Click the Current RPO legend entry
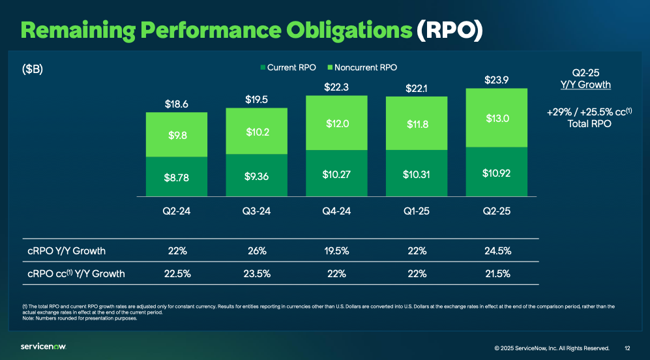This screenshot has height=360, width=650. click(288, 68)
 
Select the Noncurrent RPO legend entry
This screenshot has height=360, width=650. click(362, 68)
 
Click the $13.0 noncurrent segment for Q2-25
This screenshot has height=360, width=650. click(497, 118)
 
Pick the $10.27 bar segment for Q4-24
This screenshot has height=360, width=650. click(336, 174)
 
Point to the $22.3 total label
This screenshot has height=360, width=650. click(336, 87)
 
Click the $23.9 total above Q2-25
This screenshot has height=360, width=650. click(497, 80)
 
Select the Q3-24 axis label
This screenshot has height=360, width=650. click(256, 211)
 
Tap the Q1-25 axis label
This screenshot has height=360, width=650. click(417, 211)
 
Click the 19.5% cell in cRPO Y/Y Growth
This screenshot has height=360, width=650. click(336, 250)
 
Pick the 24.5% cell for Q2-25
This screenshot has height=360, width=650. click(497, 250)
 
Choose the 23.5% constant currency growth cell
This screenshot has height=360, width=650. click(256, 274)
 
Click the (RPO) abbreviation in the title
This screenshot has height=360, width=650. click(450, 30)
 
